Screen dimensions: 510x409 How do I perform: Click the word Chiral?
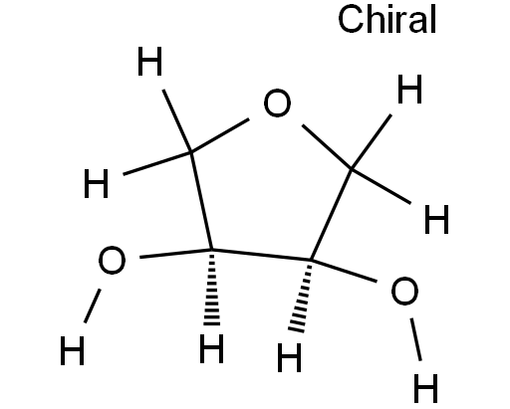pyautogui.click(x=386, y=19)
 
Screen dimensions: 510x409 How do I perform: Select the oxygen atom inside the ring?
pyautogui.click(x=277, y=102)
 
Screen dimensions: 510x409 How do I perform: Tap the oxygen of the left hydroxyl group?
pyautogui.click(x=113, y=260)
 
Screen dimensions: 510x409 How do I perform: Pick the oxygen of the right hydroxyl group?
pyautogui.click(x=404, y=291)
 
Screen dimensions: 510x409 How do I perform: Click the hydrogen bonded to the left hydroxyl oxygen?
pyautogui.click(x=72, y=350)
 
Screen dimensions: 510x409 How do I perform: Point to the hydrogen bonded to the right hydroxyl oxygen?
pyautogui.click(x=426, y=388)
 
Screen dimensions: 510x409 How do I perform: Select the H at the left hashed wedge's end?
pyautogui.click(x=211, y=348)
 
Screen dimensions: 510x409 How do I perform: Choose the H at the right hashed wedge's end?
pyautogui.click(x=290, y=357)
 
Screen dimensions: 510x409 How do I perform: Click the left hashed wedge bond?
pyautogui.click(x=212, y=287)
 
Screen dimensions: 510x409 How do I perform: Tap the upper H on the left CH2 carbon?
pyautogui.click(x=149, y=61)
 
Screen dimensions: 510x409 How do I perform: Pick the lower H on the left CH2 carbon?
pyautogui.click(x=96, y=183)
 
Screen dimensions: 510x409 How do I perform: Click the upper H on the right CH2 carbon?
pyautogui.click(x=409, y=89)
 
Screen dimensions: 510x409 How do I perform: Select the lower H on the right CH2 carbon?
pyautogui.click(x=436, y=219)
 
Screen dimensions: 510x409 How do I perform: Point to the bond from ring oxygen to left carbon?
pyautogui.click(x=220, y=135)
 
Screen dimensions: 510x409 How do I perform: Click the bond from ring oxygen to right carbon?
pyautogui.click(x=327, y=147)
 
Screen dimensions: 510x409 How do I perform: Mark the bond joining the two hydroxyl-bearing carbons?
pyautogui.click(x=262, y=255)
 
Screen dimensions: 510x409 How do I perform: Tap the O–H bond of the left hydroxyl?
pyautogui.click(x=93, y=306)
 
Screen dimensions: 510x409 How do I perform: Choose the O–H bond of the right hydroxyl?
pyautogui.click(x=416, y=339)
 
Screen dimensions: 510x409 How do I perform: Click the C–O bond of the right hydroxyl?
pyautogui.click(x=344, y=271)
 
